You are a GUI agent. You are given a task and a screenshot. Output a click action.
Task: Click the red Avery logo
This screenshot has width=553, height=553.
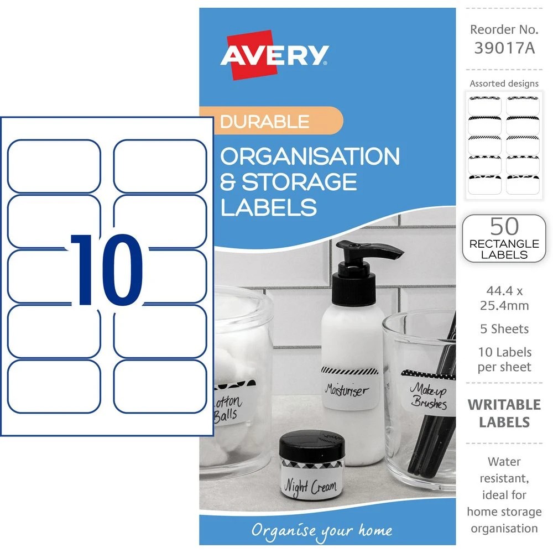275,55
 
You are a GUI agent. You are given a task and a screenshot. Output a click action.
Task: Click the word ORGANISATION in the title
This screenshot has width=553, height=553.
310,156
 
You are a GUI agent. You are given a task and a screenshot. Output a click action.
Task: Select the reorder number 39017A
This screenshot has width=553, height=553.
504,49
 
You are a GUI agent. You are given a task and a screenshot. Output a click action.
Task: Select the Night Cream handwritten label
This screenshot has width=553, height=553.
310,485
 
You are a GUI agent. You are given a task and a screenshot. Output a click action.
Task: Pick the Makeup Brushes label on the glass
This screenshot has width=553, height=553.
428,395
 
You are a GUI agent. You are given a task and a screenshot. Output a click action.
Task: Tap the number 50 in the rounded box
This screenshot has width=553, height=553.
504,227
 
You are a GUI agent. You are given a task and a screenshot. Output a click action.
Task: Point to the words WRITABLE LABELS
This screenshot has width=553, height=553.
504,413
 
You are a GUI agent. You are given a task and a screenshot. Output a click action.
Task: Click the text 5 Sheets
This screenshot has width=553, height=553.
504,329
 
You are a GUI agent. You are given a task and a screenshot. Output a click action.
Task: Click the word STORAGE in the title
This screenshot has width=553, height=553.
299,182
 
